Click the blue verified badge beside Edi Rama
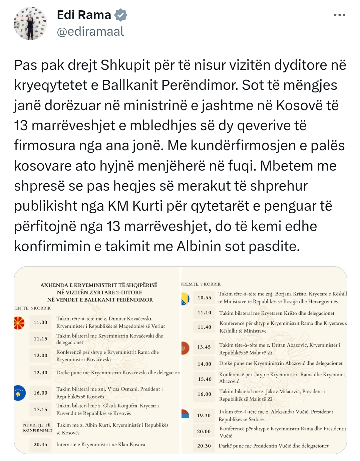click(x=121, y=15)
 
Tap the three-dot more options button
click(x=339, y=15)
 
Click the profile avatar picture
click(x=30, y=23)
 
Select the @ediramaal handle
click(x=90, y=31)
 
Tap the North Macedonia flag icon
click(x=19, y=322)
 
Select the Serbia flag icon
click(x=185, y=415)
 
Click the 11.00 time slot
click(x=40, y=322)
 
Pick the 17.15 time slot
click(x=40, y=410)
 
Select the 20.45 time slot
click(x=40, y=445)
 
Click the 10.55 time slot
click(x=204, y=298)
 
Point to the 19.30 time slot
click(x=204, y=416)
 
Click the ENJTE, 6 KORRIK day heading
click(x=33, y=308)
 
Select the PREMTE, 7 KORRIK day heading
click(x=201, y=284)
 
